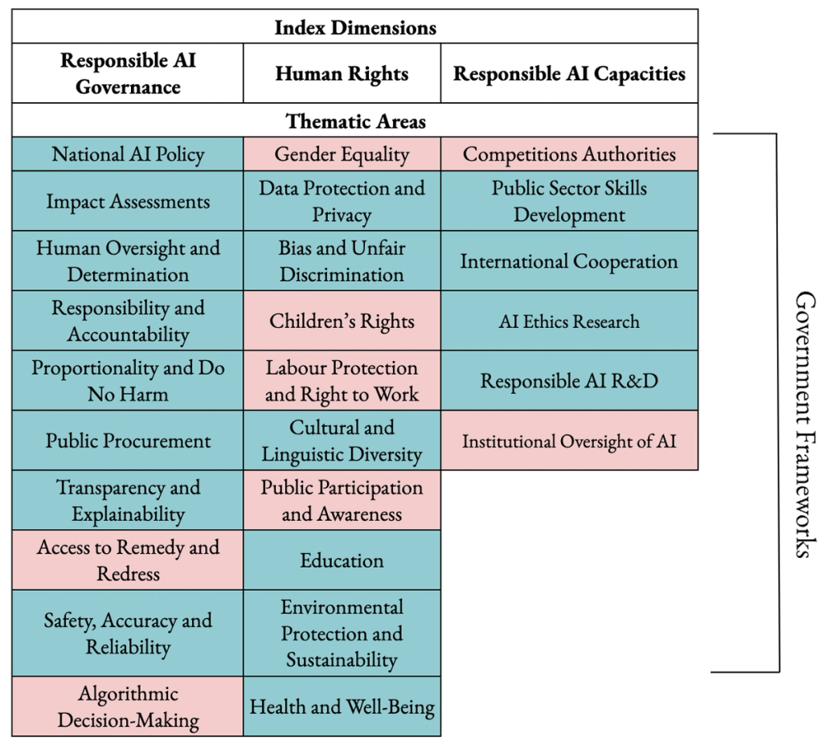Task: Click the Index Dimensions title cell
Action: point(354,27)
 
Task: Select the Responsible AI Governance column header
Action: point(128,73)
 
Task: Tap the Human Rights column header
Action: point(342,74)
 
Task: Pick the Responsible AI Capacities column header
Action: point(569,74)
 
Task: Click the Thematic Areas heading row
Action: point(354,121)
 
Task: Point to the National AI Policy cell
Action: point(128,154)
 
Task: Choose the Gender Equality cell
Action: point(342,154)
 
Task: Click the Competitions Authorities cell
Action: point(569,154)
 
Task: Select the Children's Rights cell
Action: point(342,322)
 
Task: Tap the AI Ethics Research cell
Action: point(569,322)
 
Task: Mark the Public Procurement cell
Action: point(128,441)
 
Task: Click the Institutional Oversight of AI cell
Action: point(569,441)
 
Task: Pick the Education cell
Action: point(342,559)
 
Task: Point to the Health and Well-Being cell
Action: point(342,707)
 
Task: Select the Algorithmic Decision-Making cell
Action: point(128,707)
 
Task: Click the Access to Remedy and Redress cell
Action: point(128,560)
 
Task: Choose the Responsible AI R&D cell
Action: point(569,381)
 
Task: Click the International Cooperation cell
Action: point(569,262)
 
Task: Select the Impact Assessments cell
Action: point(128,202)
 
